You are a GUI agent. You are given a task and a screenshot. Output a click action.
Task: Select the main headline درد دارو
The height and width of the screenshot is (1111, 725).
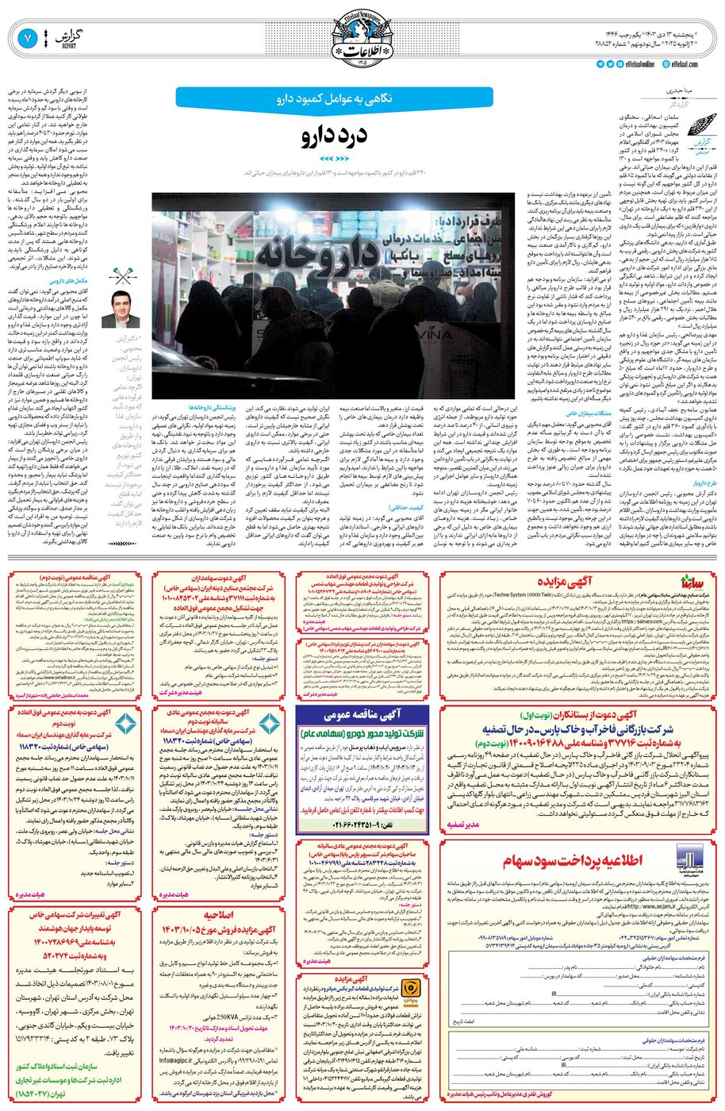333,136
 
